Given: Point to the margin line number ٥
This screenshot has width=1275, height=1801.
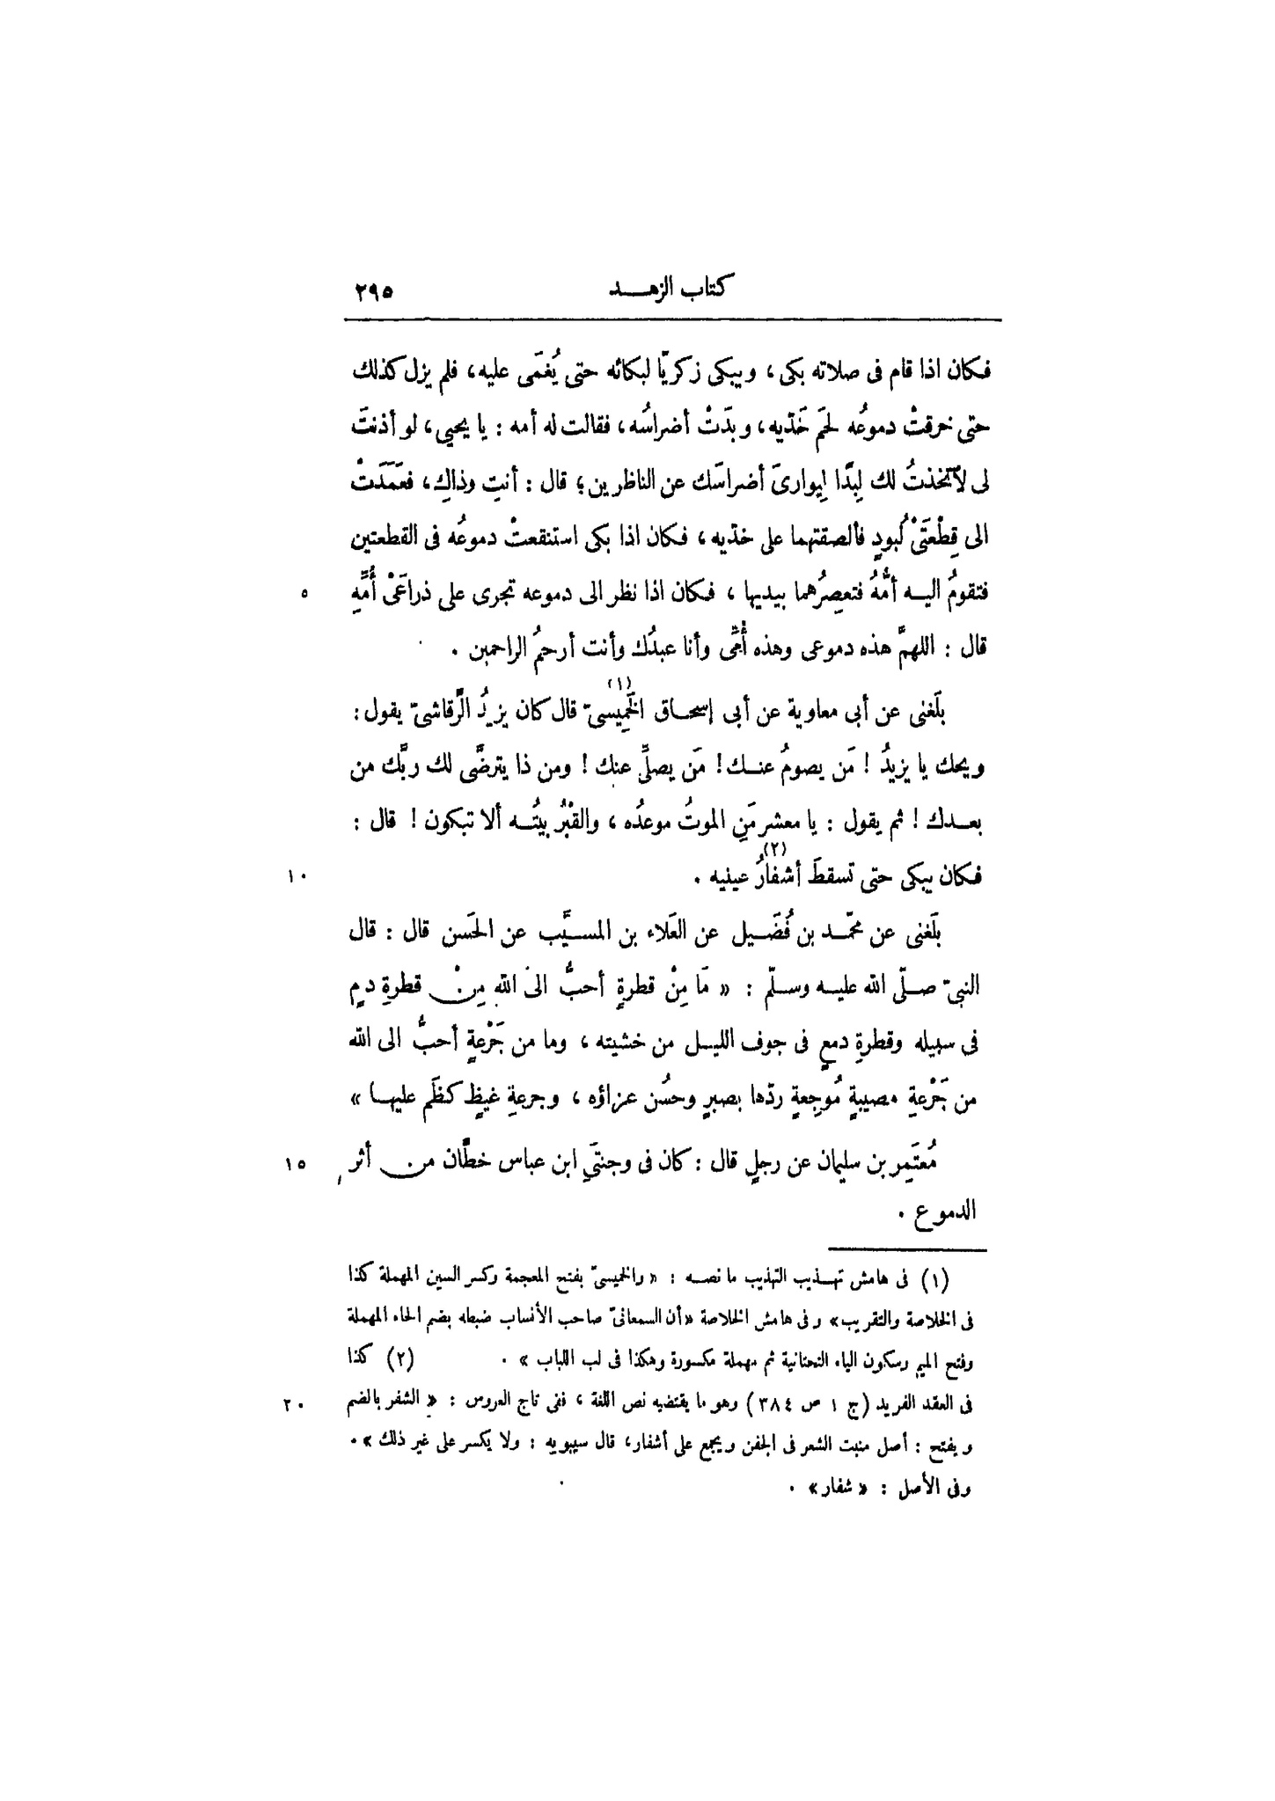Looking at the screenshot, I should tap(304, 593).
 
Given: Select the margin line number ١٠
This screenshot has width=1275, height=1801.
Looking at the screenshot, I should tap(294, 875).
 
